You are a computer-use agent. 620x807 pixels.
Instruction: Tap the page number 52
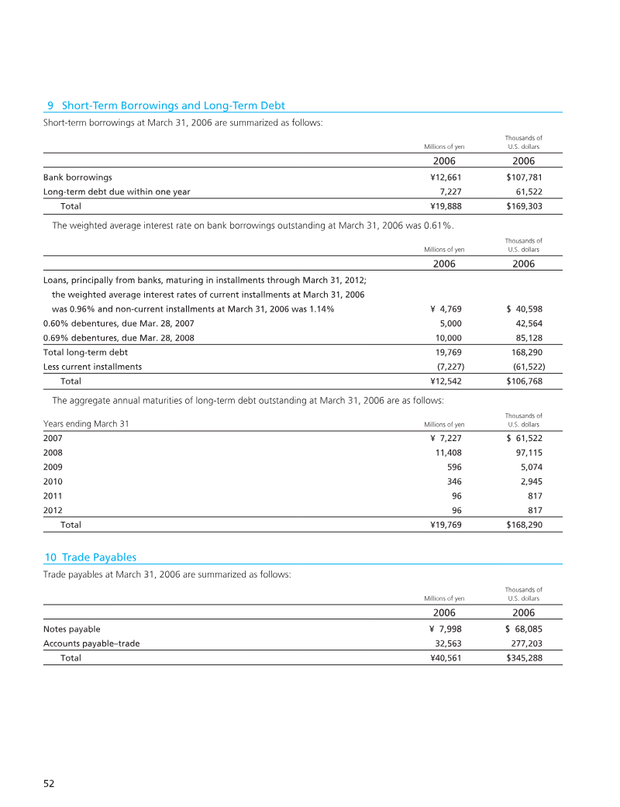(48, 784)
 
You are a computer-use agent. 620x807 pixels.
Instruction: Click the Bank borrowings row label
(77, 177)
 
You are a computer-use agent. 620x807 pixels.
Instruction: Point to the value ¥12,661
(447, 177)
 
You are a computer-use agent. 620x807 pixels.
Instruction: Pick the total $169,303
(525, 206)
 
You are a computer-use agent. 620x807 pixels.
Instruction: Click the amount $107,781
(525, 177)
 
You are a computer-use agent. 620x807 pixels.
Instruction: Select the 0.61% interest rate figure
(439, 226)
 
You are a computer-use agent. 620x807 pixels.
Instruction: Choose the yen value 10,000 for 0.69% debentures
(450, 338)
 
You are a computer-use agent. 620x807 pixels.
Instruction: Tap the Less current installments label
(92, 367)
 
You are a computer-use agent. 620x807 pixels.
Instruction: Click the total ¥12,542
(447, 381)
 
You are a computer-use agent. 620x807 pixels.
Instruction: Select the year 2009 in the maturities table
(53, 467)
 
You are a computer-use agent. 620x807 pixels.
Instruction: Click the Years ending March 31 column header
(86, 424)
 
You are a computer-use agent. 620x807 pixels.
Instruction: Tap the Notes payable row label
(72, 629)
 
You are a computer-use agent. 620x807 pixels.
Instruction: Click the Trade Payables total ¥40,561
(447, 657)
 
